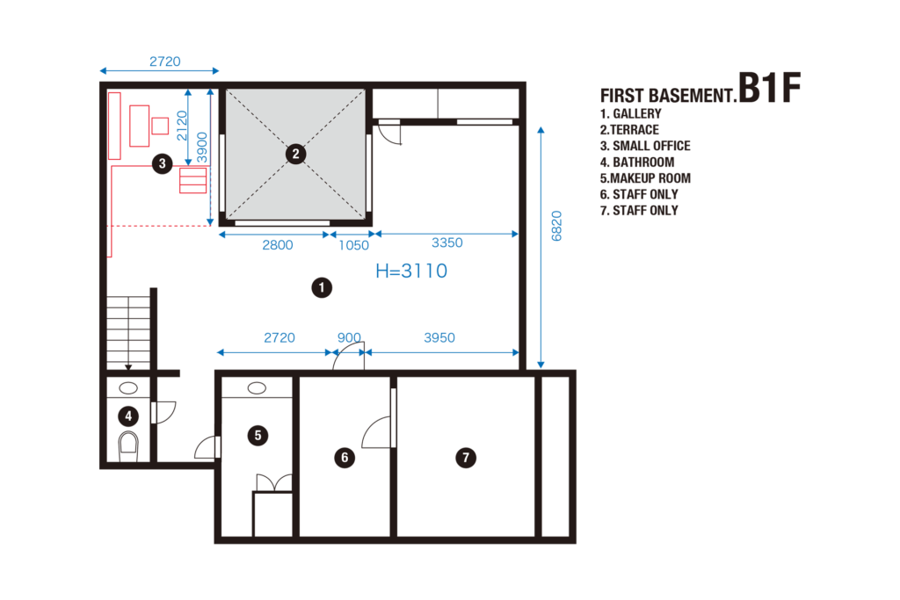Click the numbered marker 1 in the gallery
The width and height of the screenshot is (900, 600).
[322, 287]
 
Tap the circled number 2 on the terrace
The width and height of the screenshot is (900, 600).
[295, 154]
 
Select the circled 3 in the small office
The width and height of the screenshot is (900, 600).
[163, 164]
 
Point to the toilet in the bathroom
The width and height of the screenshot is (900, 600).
[128, 446]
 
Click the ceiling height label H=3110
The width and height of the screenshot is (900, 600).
[411, 271]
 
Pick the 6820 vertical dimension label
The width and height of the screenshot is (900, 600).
[556, 226]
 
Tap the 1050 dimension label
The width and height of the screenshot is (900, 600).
[353, 245]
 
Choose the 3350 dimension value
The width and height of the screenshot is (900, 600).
[446, 242]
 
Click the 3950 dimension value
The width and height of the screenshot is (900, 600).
[439, 338]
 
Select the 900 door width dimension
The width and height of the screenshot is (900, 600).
[349, 338]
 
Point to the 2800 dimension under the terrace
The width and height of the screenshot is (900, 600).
[277, 245]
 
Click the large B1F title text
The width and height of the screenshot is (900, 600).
[769, 88]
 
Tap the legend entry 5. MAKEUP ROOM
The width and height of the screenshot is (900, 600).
[645, 178]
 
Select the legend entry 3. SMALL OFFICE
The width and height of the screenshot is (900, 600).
[645, 147]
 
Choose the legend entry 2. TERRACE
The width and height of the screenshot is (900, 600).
[629, 130]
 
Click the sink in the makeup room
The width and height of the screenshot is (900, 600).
[257, 388]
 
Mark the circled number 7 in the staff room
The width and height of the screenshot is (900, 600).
[466, 458]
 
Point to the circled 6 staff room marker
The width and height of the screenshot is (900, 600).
[345, 457]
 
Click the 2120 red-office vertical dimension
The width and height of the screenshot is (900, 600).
[182, 126]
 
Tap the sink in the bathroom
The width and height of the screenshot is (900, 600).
[128, 388]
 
